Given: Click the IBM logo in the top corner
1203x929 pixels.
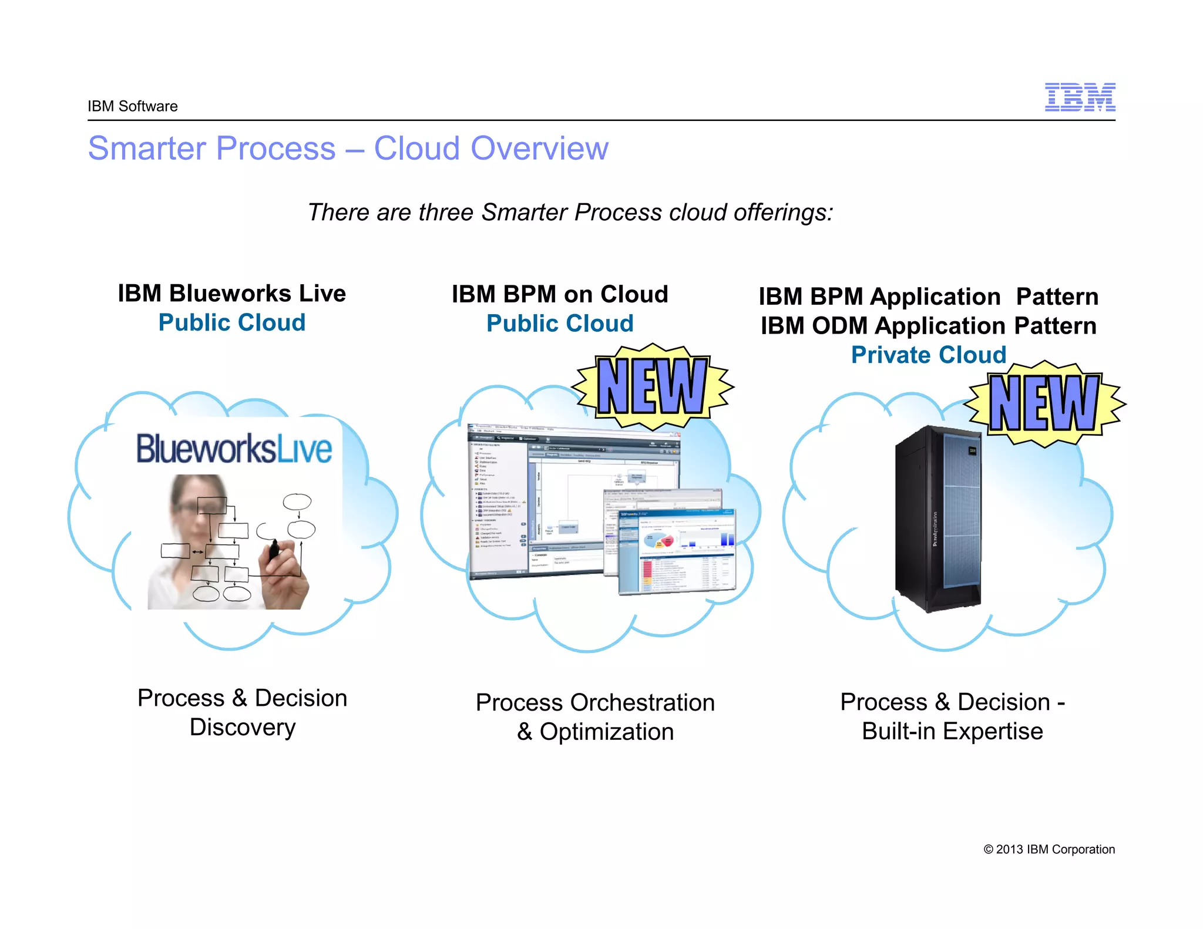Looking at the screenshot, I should tap(1080, 97).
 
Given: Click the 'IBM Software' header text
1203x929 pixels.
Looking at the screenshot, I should tap(132, 106).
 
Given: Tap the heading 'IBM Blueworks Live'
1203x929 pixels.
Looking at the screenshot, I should tap(231, 293).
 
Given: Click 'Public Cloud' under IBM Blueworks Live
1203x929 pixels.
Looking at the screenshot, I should tap(231, 322).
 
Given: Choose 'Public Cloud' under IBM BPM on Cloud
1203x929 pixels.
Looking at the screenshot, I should tap(560, 324).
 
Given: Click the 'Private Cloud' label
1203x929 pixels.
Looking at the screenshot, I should tap(928, 355).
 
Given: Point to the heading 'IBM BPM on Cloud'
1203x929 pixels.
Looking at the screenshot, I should tap(560, 294).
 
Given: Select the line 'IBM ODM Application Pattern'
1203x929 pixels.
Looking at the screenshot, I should tap(928, 326).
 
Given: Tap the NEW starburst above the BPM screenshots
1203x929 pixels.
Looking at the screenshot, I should tap(652, 386).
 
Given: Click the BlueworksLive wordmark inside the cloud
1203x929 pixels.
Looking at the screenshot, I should tap(234, 449).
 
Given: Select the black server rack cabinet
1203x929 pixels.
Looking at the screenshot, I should tap(938, 518).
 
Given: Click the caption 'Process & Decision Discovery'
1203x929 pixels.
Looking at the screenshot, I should tap(242, 712).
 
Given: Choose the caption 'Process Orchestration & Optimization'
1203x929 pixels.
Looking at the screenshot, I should tap(594, 717).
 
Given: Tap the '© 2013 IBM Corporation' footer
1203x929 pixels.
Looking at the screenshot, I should tap(1049, 849).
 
